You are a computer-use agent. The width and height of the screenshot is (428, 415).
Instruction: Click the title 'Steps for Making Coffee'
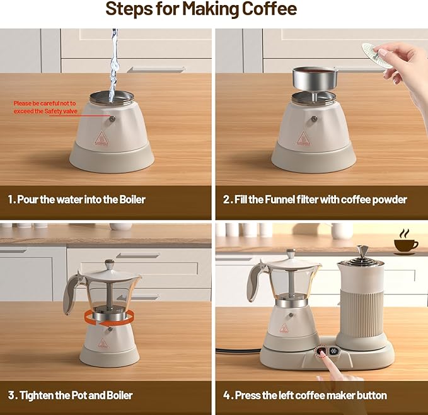[x=200, y=10]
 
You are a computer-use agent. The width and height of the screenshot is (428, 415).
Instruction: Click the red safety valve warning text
[x=45, y=107]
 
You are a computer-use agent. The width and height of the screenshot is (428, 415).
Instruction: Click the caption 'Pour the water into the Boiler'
[x=77, y=199]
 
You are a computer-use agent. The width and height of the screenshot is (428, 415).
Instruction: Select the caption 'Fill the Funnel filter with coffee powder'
[x=315, y=199]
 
